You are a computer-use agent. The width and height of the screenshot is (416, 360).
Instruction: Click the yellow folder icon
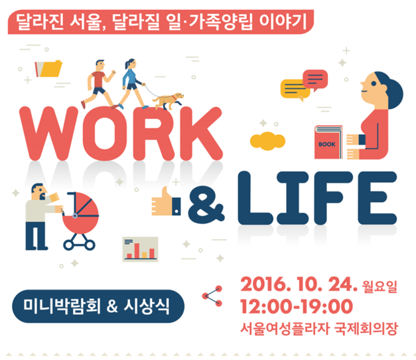(48, 68)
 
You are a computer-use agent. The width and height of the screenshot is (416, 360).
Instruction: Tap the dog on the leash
(169, 101)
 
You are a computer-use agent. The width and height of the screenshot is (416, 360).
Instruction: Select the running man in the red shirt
(98, 84)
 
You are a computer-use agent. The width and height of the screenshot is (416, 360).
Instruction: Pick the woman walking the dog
(132, 84)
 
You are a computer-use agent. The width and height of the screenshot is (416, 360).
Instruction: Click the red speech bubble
(315, 79)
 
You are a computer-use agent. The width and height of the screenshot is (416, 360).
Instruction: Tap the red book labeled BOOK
(328, 142)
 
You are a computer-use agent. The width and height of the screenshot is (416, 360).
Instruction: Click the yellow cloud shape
(267, 141)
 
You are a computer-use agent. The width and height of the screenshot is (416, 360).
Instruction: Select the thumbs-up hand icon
(166, 202)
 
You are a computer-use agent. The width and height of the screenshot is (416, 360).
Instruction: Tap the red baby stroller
(80, 221)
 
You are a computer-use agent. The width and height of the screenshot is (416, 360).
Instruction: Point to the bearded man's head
(38, 191)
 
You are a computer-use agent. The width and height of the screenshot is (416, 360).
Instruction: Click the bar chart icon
(141, 249)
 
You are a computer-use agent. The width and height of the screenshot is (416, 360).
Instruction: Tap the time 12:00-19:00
(297, 307)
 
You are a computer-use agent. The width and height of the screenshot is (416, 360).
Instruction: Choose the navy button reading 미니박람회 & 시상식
(98, 306)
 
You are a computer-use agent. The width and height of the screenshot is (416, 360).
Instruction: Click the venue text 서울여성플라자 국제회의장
(319, 329)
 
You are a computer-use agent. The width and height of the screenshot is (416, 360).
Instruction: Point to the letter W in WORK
(49, 134)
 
